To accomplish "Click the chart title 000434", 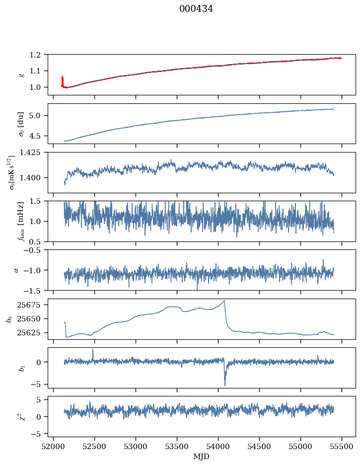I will [x=196, y=9].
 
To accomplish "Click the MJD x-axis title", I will [x=202, y=456].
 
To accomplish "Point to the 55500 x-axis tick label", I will [x=342, y=446].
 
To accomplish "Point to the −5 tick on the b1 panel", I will [x=41, y=384].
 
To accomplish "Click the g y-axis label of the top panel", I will [x=21, y=74].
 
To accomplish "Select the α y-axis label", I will [x=16, y=270].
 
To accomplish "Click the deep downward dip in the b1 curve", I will [x=224, y=385].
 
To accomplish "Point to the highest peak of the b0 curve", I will [x=224, y=301].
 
